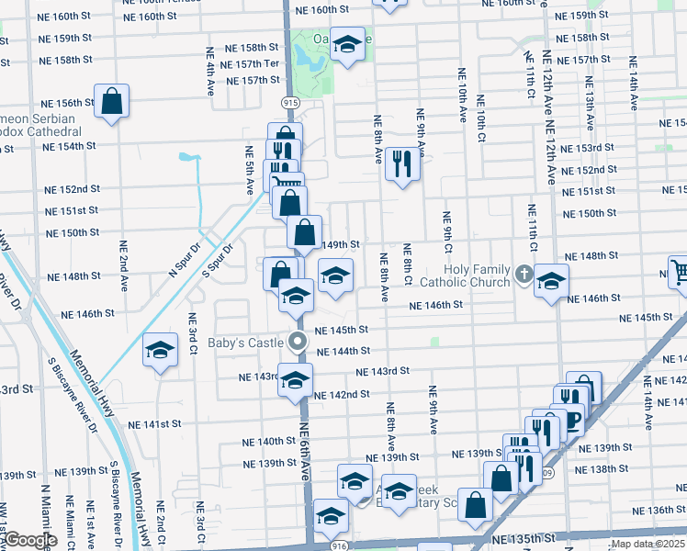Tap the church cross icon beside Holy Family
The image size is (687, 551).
pos(524,274)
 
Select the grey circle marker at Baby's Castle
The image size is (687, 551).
pos(297,343)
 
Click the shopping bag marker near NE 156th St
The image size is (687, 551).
pos(111,102)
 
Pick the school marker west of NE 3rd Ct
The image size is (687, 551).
pos(161,351)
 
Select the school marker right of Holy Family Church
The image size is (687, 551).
pos(551,280)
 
